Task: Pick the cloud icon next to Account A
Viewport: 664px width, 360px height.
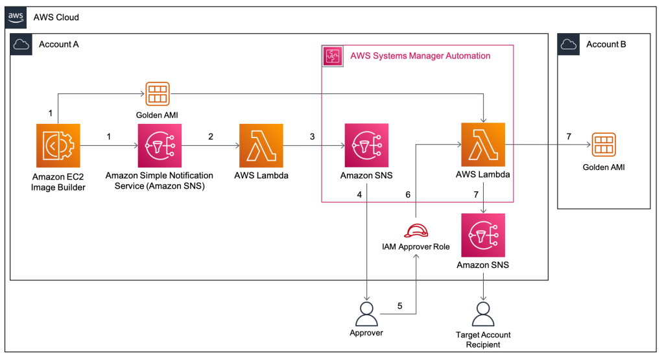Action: click(x=21, y=44)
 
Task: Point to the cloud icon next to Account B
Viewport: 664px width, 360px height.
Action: click(x=569, y=44)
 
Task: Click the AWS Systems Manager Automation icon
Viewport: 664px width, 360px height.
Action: click(x=333, y=56)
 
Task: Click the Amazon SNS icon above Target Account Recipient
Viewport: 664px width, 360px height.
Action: click(x=483, y=235)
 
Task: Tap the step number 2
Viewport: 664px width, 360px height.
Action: click(x=211, y=137)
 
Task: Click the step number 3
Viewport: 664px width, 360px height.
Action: click(x=312, y=137)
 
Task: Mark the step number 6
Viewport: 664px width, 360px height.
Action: click(x=408, y=194)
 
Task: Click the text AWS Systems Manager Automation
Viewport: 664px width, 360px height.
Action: click(x=420, y=56)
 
